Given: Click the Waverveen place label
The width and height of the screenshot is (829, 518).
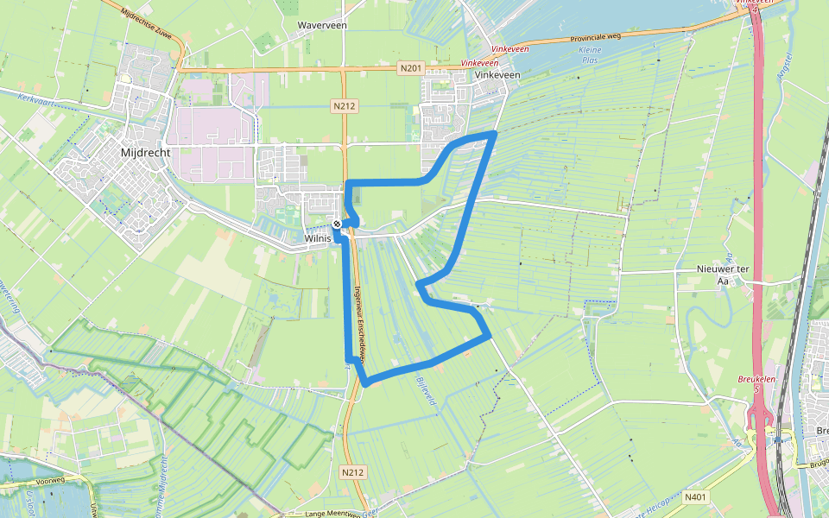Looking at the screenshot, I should (x=322, y=26).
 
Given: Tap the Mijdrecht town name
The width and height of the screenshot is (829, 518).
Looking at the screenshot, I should (x=145, y=152).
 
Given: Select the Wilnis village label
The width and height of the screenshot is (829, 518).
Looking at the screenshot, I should (x=319, y=237).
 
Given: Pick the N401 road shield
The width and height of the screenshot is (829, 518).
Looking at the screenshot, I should (x=695, y=497).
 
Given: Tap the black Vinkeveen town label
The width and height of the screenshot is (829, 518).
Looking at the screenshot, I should (x=498, y=75).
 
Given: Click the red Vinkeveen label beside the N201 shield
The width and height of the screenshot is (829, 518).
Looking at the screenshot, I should (x=481, y=64).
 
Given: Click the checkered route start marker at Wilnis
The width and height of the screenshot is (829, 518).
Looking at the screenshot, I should (x=337, y=224).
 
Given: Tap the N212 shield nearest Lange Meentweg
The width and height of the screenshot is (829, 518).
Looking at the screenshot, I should (x=352, y=472).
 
